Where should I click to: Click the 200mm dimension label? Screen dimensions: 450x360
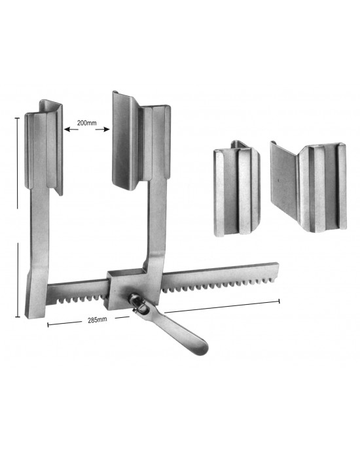[86, 122]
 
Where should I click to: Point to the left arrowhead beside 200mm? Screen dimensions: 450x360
[66, 130]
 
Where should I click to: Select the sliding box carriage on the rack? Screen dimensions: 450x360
[124, 284]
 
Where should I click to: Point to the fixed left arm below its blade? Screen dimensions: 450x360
[37, 229]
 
